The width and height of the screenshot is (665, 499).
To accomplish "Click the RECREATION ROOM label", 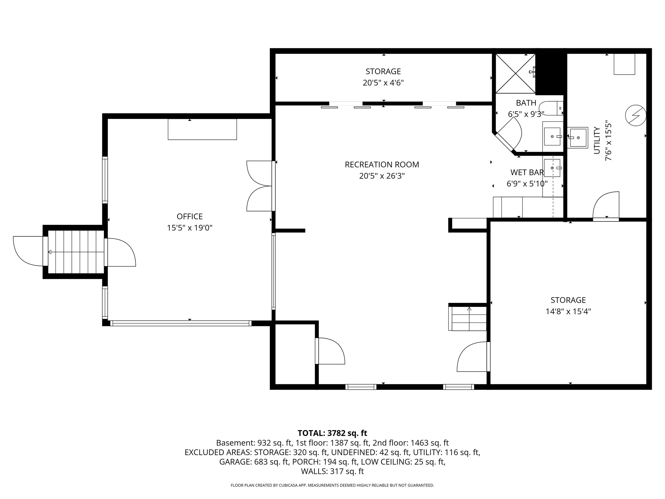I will (x=381, y=164).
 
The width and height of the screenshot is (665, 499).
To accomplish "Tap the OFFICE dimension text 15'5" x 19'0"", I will (x=189, y=228).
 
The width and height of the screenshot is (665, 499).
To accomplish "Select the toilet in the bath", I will (x=550, y=108).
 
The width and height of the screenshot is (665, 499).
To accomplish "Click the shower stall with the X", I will (x=515, y=74).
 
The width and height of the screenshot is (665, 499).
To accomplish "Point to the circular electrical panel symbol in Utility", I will (x=635, y=115).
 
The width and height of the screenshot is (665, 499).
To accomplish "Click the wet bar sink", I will (x=552, y=168).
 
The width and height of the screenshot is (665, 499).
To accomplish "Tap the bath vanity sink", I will (x=552, y=136).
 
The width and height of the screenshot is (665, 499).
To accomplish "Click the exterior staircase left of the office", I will (x=76, y=252).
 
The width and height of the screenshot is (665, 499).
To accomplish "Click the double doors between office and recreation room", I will (x=259, y=186).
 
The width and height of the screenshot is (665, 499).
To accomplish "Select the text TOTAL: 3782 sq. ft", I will (x=332, y=433).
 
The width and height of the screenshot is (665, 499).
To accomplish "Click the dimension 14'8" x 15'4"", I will (x=568, y=311).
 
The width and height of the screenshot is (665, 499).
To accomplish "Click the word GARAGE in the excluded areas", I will (x=235, y=462).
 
